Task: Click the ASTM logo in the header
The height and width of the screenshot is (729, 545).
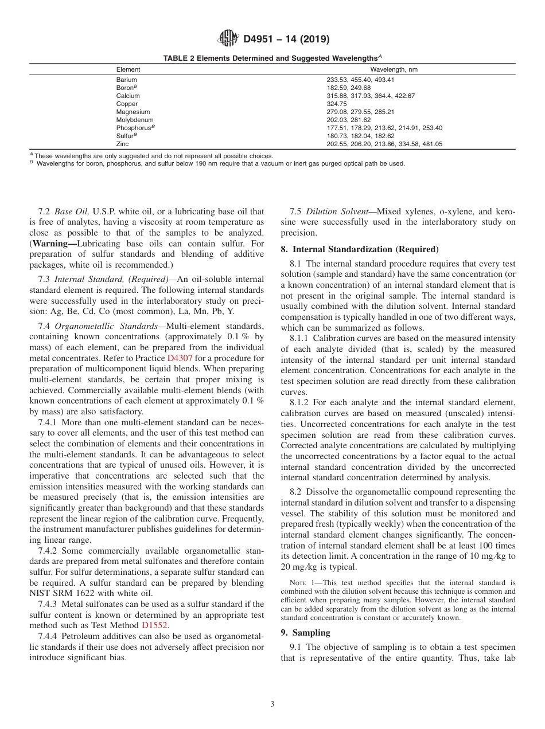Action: coord(228,40)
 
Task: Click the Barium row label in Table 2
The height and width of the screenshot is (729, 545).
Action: coord(126,80)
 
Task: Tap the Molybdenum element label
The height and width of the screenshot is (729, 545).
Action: coord(134,120)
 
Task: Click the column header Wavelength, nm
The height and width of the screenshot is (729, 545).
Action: coord(394,69)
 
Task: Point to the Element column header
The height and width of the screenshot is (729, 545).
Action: coord(128,69)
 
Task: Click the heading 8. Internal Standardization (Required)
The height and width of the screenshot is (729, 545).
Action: coord(359,249)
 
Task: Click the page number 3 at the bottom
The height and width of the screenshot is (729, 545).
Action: coord(272,704)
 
